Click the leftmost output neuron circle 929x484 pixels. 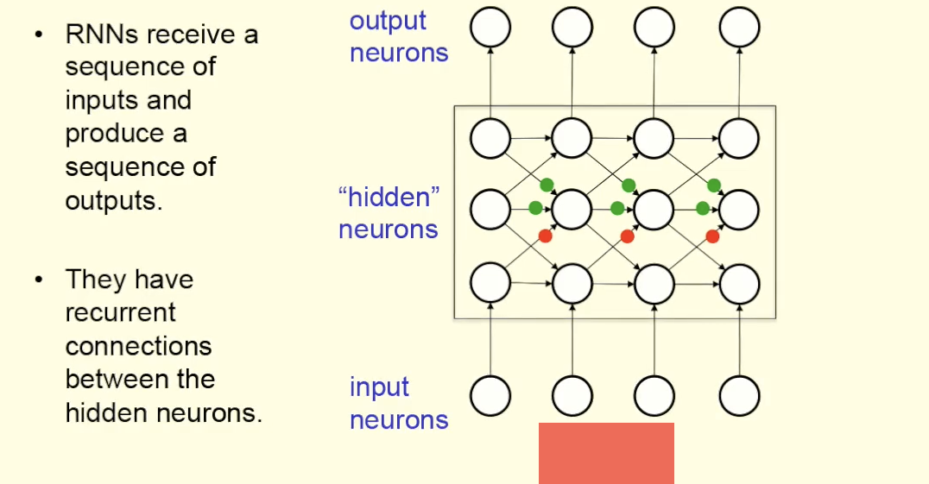point(490,28)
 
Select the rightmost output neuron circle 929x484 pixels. point(740,28)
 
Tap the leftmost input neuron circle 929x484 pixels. point(490,396)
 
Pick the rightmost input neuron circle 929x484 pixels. point(740,396)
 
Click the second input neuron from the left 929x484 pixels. point(572,396)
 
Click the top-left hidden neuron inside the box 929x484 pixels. point(490,138)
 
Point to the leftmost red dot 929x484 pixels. point(545,236)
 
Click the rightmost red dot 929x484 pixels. point(712,236)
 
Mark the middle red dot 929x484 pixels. point(628,236)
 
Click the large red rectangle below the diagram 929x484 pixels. point(606,453)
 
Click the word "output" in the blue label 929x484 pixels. point(388,21)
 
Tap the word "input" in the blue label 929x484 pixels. point(379,388)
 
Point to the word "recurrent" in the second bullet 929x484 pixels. point(120,312)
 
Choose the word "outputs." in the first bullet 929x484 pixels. point(113,200)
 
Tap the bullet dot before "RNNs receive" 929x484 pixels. point(38,35)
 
